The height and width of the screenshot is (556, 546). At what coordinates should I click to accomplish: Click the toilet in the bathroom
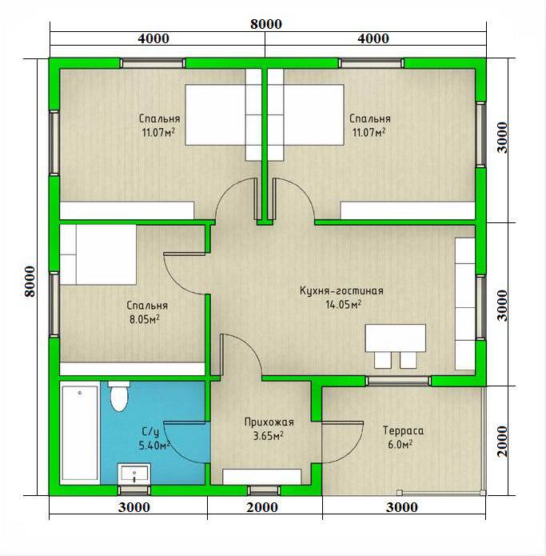118,396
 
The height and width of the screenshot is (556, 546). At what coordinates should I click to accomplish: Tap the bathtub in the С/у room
80,433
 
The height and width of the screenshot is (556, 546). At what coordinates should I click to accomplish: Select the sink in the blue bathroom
134,474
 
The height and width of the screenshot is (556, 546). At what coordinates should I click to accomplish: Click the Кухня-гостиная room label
341,290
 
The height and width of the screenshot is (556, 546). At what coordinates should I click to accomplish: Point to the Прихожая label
269,422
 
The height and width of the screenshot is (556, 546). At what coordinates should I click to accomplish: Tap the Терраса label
403,430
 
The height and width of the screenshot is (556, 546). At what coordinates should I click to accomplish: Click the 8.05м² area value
144,319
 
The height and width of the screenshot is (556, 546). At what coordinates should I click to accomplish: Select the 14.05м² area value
343,304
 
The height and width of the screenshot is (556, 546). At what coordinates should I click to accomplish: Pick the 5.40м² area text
154,446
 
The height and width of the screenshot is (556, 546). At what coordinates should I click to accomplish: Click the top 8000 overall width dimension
266,24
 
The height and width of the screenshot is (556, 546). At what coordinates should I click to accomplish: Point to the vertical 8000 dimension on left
30,282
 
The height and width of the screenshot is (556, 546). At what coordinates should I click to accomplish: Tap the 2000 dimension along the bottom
262,507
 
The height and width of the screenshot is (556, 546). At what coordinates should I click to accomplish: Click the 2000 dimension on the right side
502,442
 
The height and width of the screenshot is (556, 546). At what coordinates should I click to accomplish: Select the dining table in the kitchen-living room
396,338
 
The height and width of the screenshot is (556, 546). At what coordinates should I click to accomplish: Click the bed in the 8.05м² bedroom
98,254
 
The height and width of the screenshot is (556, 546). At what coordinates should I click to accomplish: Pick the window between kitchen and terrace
399,381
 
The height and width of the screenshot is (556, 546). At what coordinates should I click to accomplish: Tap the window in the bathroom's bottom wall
134,490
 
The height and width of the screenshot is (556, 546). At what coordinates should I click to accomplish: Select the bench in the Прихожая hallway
262,477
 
